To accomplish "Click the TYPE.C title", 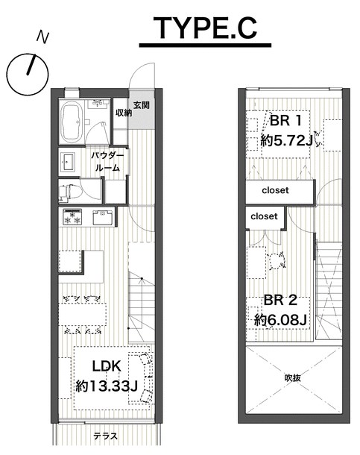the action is coord(205,28).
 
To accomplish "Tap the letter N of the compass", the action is coord(42,37).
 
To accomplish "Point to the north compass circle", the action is coord(28,75).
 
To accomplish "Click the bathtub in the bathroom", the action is coord(72,122).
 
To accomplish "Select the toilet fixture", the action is coord(68,192).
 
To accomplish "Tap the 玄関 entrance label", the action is coord(141,105).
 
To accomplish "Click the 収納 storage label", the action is coord(124,113).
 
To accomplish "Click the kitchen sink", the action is coord(102,217).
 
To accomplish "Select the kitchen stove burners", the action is coord(72,217).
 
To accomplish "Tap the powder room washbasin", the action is coord(68,162).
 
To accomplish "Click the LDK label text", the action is coord(107,366).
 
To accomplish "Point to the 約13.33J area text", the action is coord(107,386).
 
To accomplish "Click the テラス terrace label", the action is coord(106,436).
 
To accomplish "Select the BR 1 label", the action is coord(285,120).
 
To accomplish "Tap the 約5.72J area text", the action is coord(286,141).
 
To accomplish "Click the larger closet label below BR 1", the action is coord(275,190).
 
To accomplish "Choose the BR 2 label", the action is coord(280,300).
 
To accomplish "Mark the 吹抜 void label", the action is coord(292,378).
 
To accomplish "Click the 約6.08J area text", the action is coord(280,320).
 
